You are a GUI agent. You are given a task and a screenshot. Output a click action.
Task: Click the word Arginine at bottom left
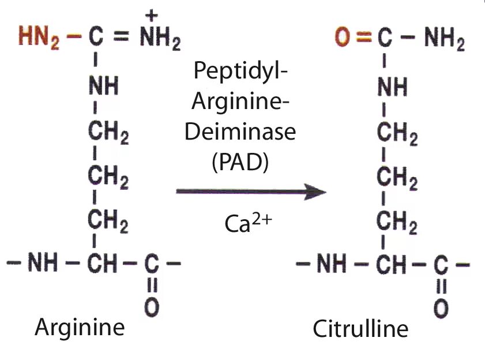(x=80, y=327)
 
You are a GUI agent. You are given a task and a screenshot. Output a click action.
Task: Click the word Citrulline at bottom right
(x=360, y=329)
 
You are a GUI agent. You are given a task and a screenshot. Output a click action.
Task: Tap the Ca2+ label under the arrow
(x=246, y=222)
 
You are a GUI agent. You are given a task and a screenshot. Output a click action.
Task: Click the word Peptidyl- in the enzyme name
(x=241, y=72)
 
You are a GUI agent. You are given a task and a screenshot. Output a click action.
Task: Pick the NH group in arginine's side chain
(x=103, y=87)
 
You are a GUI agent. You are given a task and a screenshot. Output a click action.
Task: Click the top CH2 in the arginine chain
(x=108, y=134)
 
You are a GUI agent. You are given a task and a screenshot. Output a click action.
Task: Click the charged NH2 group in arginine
(x=160, y=39)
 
